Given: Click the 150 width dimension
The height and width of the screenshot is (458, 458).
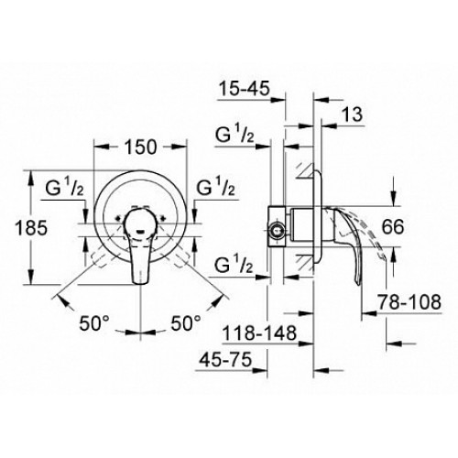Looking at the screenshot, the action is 140,147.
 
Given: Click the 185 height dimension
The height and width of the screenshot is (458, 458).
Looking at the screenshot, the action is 32,227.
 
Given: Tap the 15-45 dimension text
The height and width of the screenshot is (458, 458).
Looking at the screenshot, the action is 245,89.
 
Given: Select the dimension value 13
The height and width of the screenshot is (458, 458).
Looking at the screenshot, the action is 352,114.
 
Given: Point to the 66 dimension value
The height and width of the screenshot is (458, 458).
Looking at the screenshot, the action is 394,226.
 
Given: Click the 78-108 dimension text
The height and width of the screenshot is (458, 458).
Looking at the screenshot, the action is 409,302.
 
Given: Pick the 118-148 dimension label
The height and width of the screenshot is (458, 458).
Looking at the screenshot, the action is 259,333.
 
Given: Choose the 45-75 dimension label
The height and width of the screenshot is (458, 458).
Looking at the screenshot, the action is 225,359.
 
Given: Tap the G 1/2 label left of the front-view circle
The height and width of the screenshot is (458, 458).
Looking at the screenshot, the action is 64,188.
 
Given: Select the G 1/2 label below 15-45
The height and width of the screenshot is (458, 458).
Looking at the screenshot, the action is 234,135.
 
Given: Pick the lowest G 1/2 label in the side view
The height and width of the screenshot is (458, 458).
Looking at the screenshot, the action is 234,265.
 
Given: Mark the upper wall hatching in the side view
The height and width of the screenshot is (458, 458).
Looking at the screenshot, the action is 305,170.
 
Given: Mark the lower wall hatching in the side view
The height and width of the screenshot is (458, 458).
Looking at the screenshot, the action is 305,263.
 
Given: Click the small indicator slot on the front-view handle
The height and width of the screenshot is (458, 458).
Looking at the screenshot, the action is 140,231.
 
